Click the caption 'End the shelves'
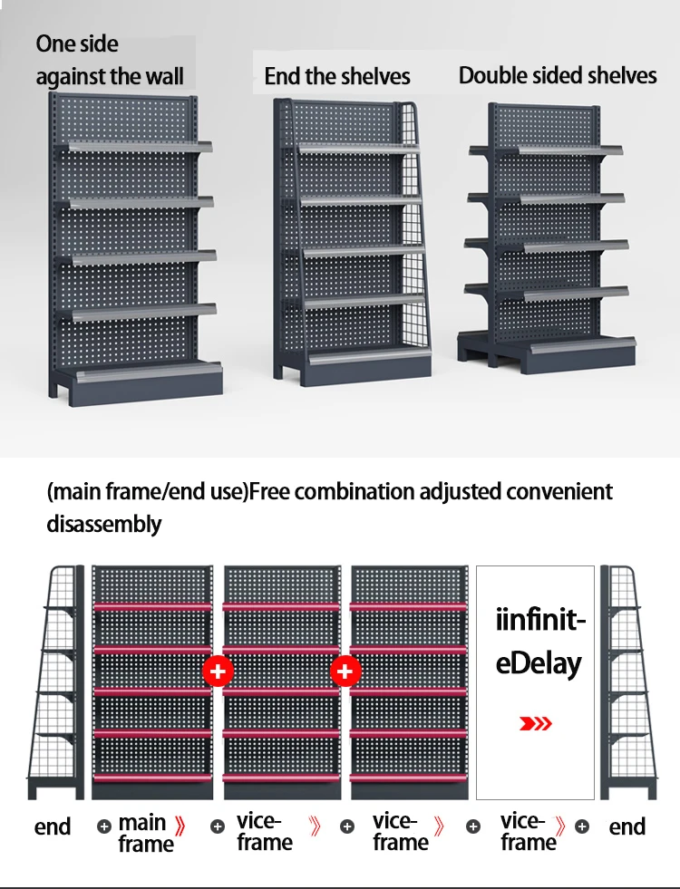[x=337, y=76]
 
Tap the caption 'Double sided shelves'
[x=558, y=75]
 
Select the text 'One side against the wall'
[x=110, y=60]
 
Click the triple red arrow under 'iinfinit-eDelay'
[x=535, y=723]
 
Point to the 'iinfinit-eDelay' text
[x=540, y=643]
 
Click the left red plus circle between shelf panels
[x=218, y=672]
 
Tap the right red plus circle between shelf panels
[x=345, y=672]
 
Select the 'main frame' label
[x=144, y=833]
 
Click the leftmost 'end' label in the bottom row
[x=53, y=826]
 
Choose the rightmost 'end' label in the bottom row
[x=627, y=826]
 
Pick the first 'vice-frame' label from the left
[x=263, y=831]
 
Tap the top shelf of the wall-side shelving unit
[x=136, y=147]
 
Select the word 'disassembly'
[x=104, y=524]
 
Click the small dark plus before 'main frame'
[x=104, y=826]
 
